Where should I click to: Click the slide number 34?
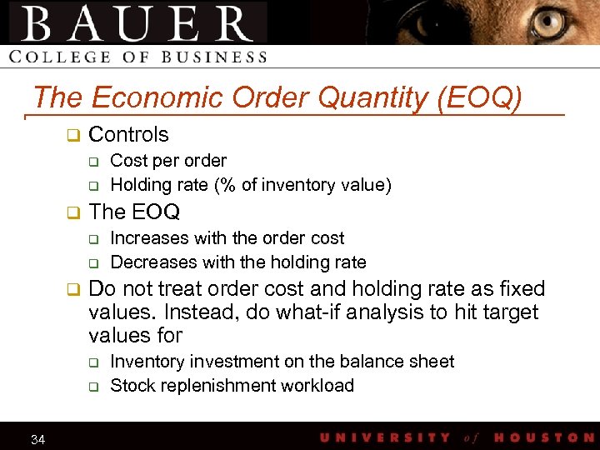(x=37, y=439)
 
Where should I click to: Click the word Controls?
(x=128, y=134)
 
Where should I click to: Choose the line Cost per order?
(x=168, y=160)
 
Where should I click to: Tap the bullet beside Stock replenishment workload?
(x=94, y=387)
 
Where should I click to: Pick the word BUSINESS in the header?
(x=216, y=57)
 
